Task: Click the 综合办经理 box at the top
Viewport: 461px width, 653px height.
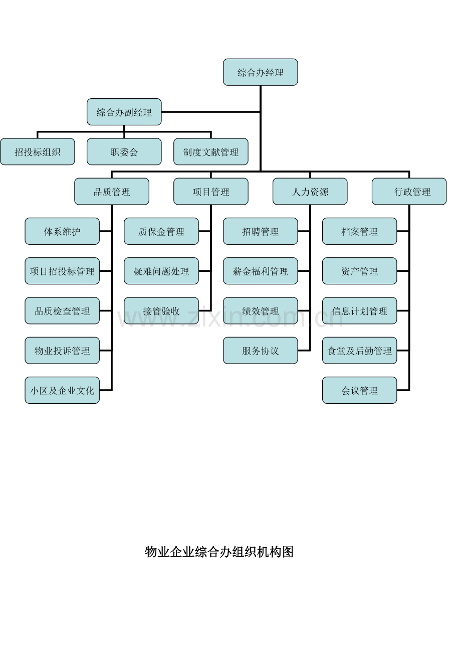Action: pyautogui.click(x=261, y=72)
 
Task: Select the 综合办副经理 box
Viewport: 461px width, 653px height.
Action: pyautogui.click(x=124, y=112)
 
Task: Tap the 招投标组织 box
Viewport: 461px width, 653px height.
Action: pyautogui.click(x=37, y=151)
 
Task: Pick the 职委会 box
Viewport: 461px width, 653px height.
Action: pyautogui.click(x=124, y=151)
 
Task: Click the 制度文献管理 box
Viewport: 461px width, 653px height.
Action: pyautogui.click(x=211, y=151)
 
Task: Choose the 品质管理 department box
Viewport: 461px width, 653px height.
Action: pyautogui.click(x=112, y=192)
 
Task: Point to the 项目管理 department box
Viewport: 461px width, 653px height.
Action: pyautogui.click(x=211, y=192)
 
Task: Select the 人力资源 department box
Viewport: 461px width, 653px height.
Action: pyautogui.click(x=310, y=192)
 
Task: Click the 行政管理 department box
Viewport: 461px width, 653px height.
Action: pyautogui.click(x=409, y=192)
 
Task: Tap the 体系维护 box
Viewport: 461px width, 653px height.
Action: pyautogui.click(x=62, y=231)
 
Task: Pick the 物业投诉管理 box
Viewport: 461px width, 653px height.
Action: pyautogui.click(x=62, y=351)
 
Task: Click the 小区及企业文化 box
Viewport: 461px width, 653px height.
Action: pyautogui.click(x=62, y=390)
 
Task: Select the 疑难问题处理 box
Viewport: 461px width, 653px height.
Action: pyautogui.click(x=161, y=271)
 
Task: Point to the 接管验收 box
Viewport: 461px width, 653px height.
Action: pyautogui.click(x=161, y=311)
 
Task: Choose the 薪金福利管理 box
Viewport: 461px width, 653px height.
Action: pyautogui.click(x=261, y=271)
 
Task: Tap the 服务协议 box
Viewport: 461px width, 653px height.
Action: pyautogui.click(x=261, y=351)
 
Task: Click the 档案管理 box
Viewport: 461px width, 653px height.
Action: pyautogui.click(x=359, y=231)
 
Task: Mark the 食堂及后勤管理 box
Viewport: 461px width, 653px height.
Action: pyautogui.click(x=359, y=351)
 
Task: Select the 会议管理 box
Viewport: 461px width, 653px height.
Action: pyautogui.click(x=359, y=390)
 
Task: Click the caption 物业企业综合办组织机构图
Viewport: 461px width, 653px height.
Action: pyautogui.click(x=219, y=552)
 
